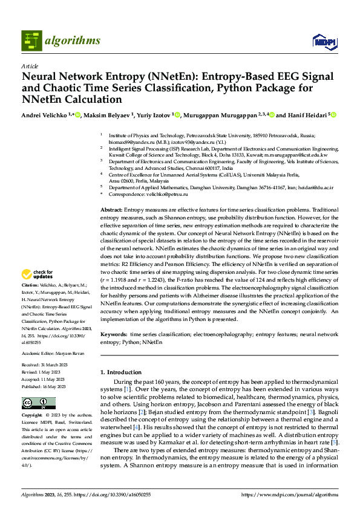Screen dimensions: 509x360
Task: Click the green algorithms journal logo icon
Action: pyautogui.click(x=32, y=41)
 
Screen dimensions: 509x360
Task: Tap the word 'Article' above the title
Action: pyautogui.click(x=30, y=66)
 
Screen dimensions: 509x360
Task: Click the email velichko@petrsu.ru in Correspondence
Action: pyautogui.click(x=169, y=195)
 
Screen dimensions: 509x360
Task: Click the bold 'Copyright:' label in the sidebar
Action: pyautogui.click(x=32, y=416)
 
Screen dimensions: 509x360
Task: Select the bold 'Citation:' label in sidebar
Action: pyautogui.click(x=30, y=284)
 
